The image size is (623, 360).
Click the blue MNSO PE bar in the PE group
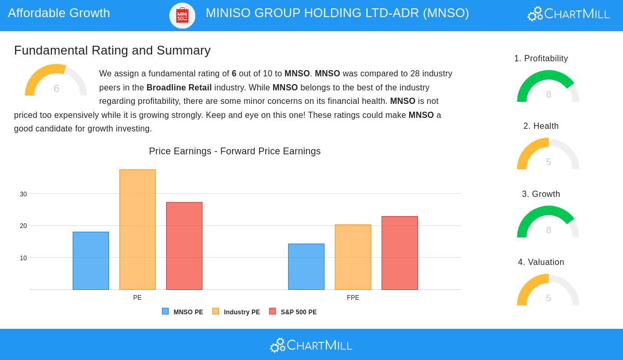click(91, 261)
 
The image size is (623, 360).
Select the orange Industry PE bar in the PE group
click(138, 230)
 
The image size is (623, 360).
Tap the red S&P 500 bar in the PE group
click(184, 246)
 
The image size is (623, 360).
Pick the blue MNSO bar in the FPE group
click(306, 266)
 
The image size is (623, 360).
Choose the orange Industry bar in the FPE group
click(353, 257)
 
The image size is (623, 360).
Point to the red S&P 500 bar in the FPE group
click(400, 253)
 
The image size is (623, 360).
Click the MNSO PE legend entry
click(183, 312)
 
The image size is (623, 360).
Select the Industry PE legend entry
click(236, 312)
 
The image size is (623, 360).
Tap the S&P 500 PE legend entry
click(293, 312)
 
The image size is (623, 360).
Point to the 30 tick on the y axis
click(23, 194)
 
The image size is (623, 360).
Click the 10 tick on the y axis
click(23, 258)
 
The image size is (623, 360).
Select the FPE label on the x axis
click(353, 298)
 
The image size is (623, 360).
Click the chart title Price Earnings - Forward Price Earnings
click(235, 151)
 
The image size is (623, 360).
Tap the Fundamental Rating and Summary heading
click(112, 50)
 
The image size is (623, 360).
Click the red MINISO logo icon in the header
click(182, 16)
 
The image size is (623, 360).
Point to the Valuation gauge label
click(541, 262)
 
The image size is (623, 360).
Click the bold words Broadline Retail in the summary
click(179, 87)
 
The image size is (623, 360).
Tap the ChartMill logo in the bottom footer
click(311, 345)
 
